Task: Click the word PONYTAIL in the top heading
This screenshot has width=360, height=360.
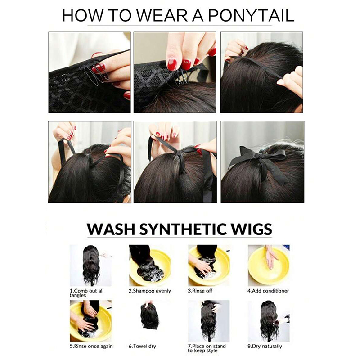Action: (251, 16)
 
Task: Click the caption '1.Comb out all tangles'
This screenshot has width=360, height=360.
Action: (86, 293)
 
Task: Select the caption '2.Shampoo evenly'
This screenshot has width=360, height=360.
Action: (150, 291)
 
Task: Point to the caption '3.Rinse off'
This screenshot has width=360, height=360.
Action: (200, 291)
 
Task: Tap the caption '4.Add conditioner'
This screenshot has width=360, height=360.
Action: (268, 291)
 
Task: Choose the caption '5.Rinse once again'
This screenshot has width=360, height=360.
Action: (91, 346)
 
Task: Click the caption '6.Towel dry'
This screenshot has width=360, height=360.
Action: (142, 346)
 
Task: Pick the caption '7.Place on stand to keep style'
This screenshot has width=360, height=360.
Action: (207, 348)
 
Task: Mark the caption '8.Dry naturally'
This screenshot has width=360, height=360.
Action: (265, 346)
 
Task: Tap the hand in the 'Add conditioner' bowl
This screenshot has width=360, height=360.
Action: (271, 256)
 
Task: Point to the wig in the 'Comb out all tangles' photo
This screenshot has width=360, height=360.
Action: (91, 264)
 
